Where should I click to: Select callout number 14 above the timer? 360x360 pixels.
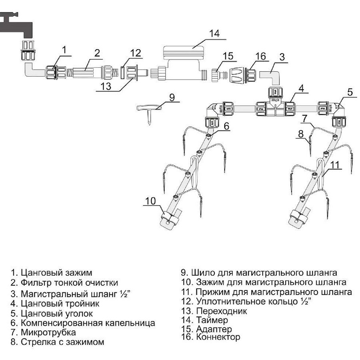tap(214, 34)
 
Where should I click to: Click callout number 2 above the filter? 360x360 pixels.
tap(97, 53)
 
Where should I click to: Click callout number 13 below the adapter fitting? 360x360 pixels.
tap(106, 86)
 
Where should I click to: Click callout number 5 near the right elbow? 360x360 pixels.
tap(350, 92)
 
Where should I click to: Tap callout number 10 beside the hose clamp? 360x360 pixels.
tap(151, 201)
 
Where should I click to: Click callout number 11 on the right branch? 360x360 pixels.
tap(335, 165)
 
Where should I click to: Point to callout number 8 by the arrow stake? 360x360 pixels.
tap(301, 134)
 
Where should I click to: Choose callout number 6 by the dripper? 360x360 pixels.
tap(226, 126)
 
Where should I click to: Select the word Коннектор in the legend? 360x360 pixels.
tap(218, 337)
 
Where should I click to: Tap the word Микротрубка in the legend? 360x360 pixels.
tap(48, 332)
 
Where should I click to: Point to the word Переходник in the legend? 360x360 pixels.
tap(222, 311)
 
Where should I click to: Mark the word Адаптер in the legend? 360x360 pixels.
tap(214, 329)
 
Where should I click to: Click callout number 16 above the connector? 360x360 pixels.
tap(261, 56)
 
